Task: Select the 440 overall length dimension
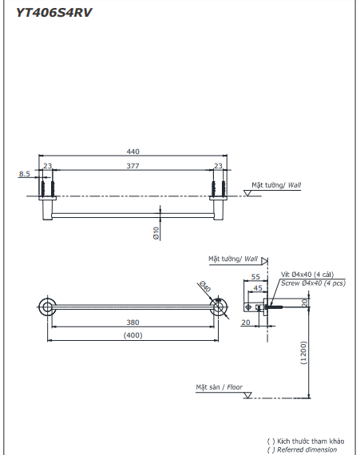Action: point(133,152)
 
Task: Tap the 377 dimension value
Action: point(133,166)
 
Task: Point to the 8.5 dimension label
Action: point(24,172)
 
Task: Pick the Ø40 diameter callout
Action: point(204,288)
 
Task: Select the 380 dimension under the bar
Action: point(133,322)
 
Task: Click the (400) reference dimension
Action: point(133,336)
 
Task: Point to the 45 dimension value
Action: point(257,287)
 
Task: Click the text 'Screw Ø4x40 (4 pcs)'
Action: point(313,283)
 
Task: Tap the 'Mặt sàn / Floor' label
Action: point(220,386)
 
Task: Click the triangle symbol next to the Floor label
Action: point(248,395)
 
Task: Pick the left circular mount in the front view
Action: point(47,307)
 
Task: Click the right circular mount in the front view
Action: point(217,307)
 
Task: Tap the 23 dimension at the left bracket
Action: point(47,166)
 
